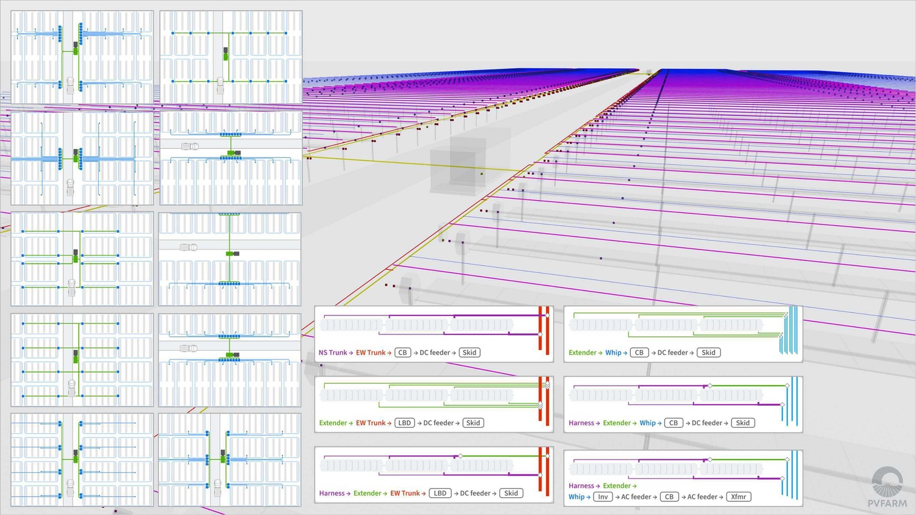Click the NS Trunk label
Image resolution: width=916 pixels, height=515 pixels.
[333, 352]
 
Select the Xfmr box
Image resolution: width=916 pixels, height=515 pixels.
[738, 497]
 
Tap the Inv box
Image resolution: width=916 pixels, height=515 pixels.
[603, 497]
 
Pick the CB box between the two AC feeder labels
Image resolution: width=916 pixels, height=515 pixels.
[669, 497]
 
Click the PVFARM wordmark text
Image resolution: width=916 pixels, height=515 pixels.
[887, 503]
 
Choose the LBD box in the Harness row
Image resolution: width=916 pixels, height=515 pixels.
[440, 493]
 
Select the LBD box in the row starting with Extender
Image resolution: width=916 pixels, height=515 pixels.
[404, 423]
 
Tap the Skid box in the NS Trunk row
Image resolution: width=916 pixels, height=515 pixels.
[469, 352]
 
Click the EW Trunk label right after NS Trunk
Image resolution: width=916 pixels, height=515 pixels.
[371, 352]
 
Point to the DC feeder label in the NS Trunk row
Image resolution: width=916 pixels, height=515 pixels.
[435, 352]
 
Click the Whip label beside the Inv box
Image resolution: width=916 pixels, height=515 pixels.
[576, 497]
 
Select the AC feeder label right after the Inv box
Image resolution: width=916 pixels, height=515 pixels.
[636, 497]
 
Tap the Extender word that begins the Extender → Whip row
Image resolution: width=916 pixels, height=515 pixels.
[583, 352]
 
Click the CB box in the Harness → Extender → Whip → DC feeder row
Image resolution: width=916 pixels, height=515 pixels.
[674, 423]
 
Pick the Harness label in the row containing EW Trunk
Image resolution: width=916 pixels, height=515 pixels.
[332, 493]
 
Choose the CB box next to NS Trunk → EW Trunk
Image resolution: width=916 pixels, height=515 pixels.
[403, 352]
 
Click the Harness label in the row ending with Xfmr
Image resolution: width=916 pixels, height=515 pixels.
[581, 486]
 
